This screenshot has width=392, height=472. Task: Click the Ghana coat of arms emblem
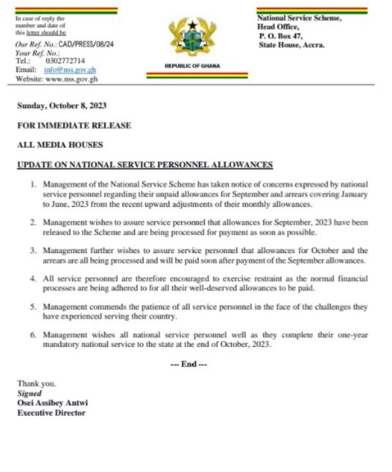pos(193,37)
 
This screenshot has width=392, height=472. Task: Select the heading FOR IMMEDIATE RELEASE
pos(74,126)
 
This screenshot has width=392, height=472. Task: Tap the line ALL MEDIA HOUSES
pos(60,145)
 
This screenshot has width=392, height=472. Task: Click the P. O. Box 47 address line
pos(282,37)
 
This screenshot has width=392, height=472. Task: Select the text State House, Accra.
pos(291,45)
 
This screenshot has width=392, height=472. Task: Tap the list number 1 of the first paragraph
pos(33,184)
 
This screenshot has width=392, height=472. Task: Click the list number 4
pos(33,278)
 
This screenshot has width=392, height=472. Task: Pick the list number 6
pos(33,335)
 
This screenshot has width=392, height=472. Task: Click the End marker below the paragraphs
pos(189,364)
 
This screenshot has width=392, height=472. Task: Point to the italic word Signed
pos(29,393)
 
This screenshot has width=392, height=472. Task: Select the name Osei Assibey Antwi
pos(52,403)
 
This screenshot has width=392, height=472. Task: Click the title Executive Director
pos(51,413)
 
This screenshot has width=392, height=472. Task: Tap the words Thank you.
pos(37,384)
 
